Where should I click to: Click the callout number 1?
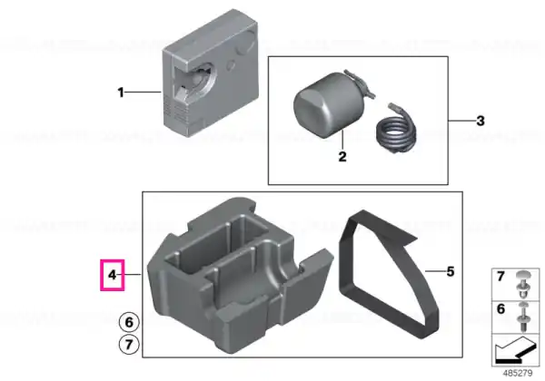121,93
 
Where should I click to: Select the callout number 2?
342,157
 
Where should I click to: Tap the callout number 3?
480,121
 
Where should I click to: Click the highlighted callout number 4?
112,275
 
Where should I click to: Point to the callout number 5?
451,271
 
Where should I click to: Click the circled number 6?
129,322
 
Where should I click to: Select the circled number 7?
129,345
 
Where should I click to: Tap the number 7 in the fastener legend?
500,277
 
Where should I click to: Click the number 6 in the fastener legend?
500,308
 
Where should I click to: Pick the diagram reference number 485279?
518,373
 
